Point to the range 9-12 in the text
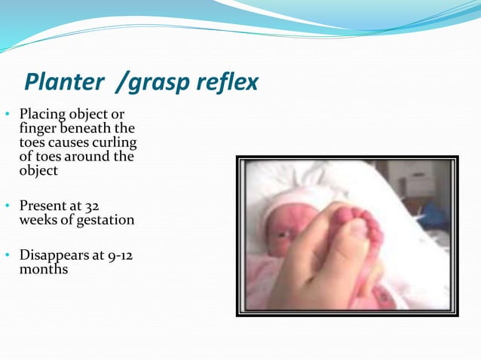point(121,254)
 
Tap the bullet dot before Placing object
point(7,115)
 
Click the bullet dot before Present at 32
point(7,206)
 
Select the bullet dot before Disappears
point(7,255)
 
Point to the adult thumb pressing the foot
point(343,252)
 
